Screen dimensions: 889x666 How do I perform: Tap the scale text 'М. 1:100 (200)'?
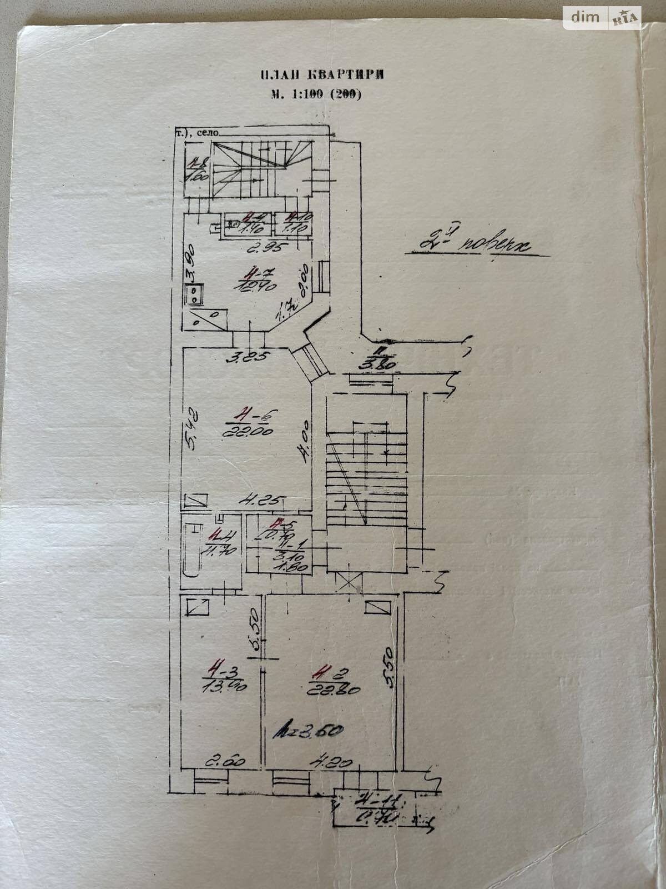316,94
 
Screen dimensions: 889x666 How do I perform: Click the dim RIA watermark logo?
602,17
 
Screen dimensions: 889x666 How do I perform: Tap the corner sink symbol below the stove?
205,318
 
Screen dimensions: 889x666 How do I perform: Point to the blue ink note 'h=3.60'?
308,732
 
